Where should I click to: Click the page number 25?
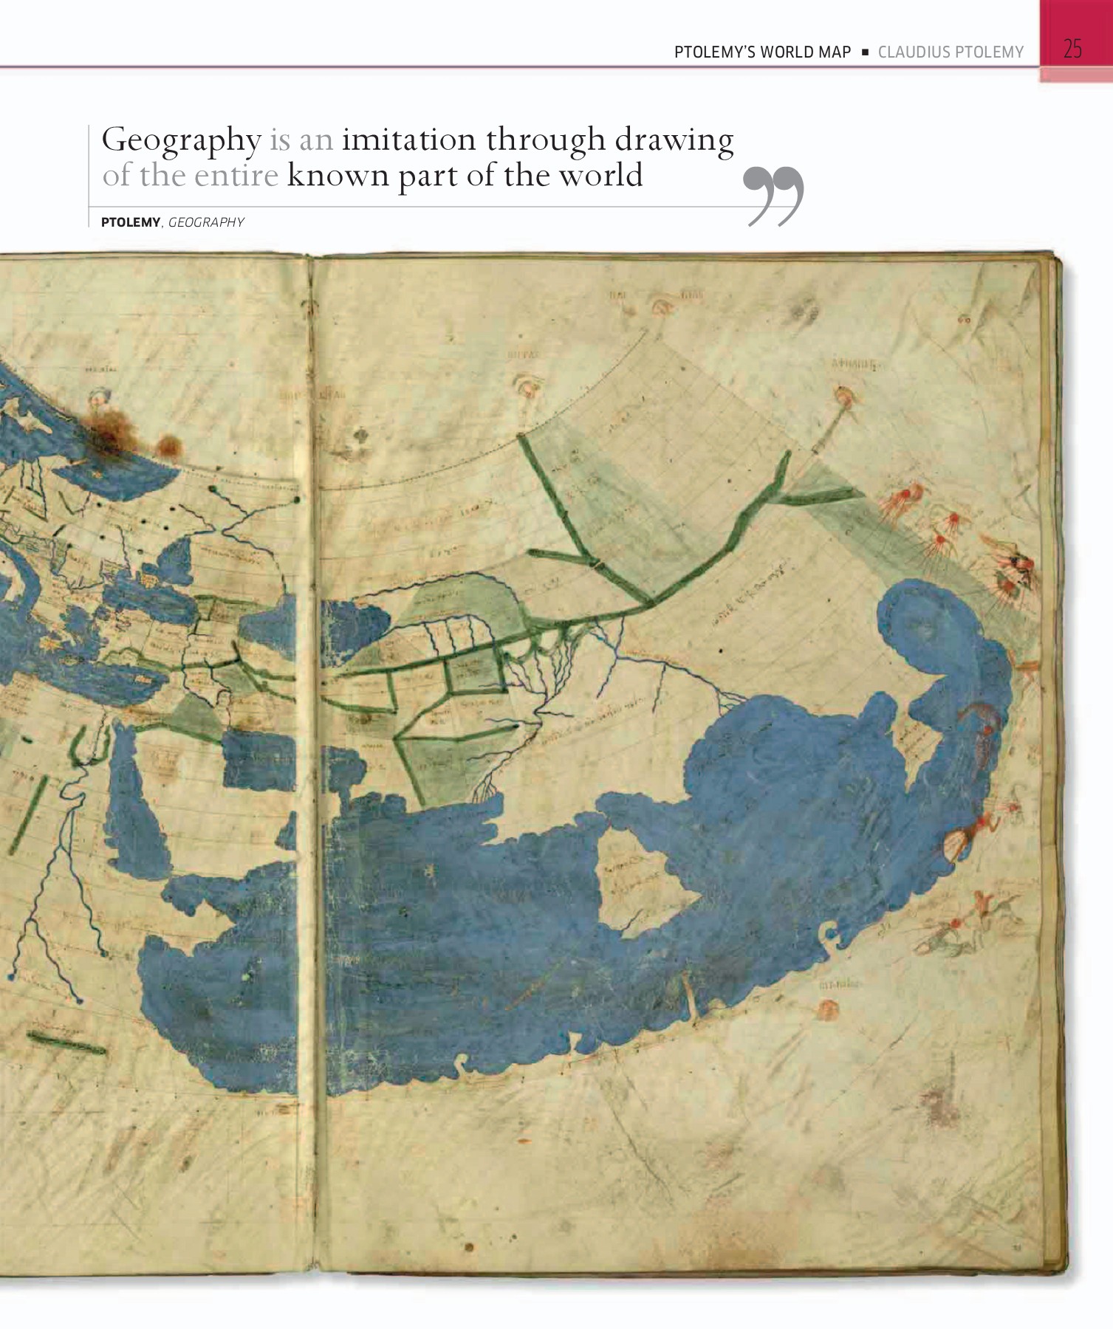pyautogui.click(x=1072, y=49)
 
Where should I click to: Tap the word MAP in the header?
pyautogui.click(x=835, y=52)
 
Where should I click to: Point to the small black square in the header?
pyautogui.click(x=865, y=52)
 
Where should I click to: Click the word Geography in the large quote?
pyautogui.click(x=181, y=140)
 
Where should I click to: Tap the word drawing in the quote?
pyautogui.click(x=674, y=140)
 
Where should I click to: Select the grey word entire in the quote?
pyautogui.click(x=236, y=176)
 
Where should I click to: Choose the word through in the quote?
pyautogui.click(x=545, y=140)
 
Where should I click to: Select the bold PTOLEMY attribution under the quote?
pyautogui.click(x=131, y=222)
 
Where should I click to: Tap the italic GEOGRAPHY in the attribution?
pyautogui.click(x=206, y=222)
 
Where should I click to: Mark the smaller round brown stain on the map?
pyautogui.click(x=169, y=446)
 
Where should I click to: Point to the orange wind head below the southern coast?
pyautogui.click(x=829, y=1009)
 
